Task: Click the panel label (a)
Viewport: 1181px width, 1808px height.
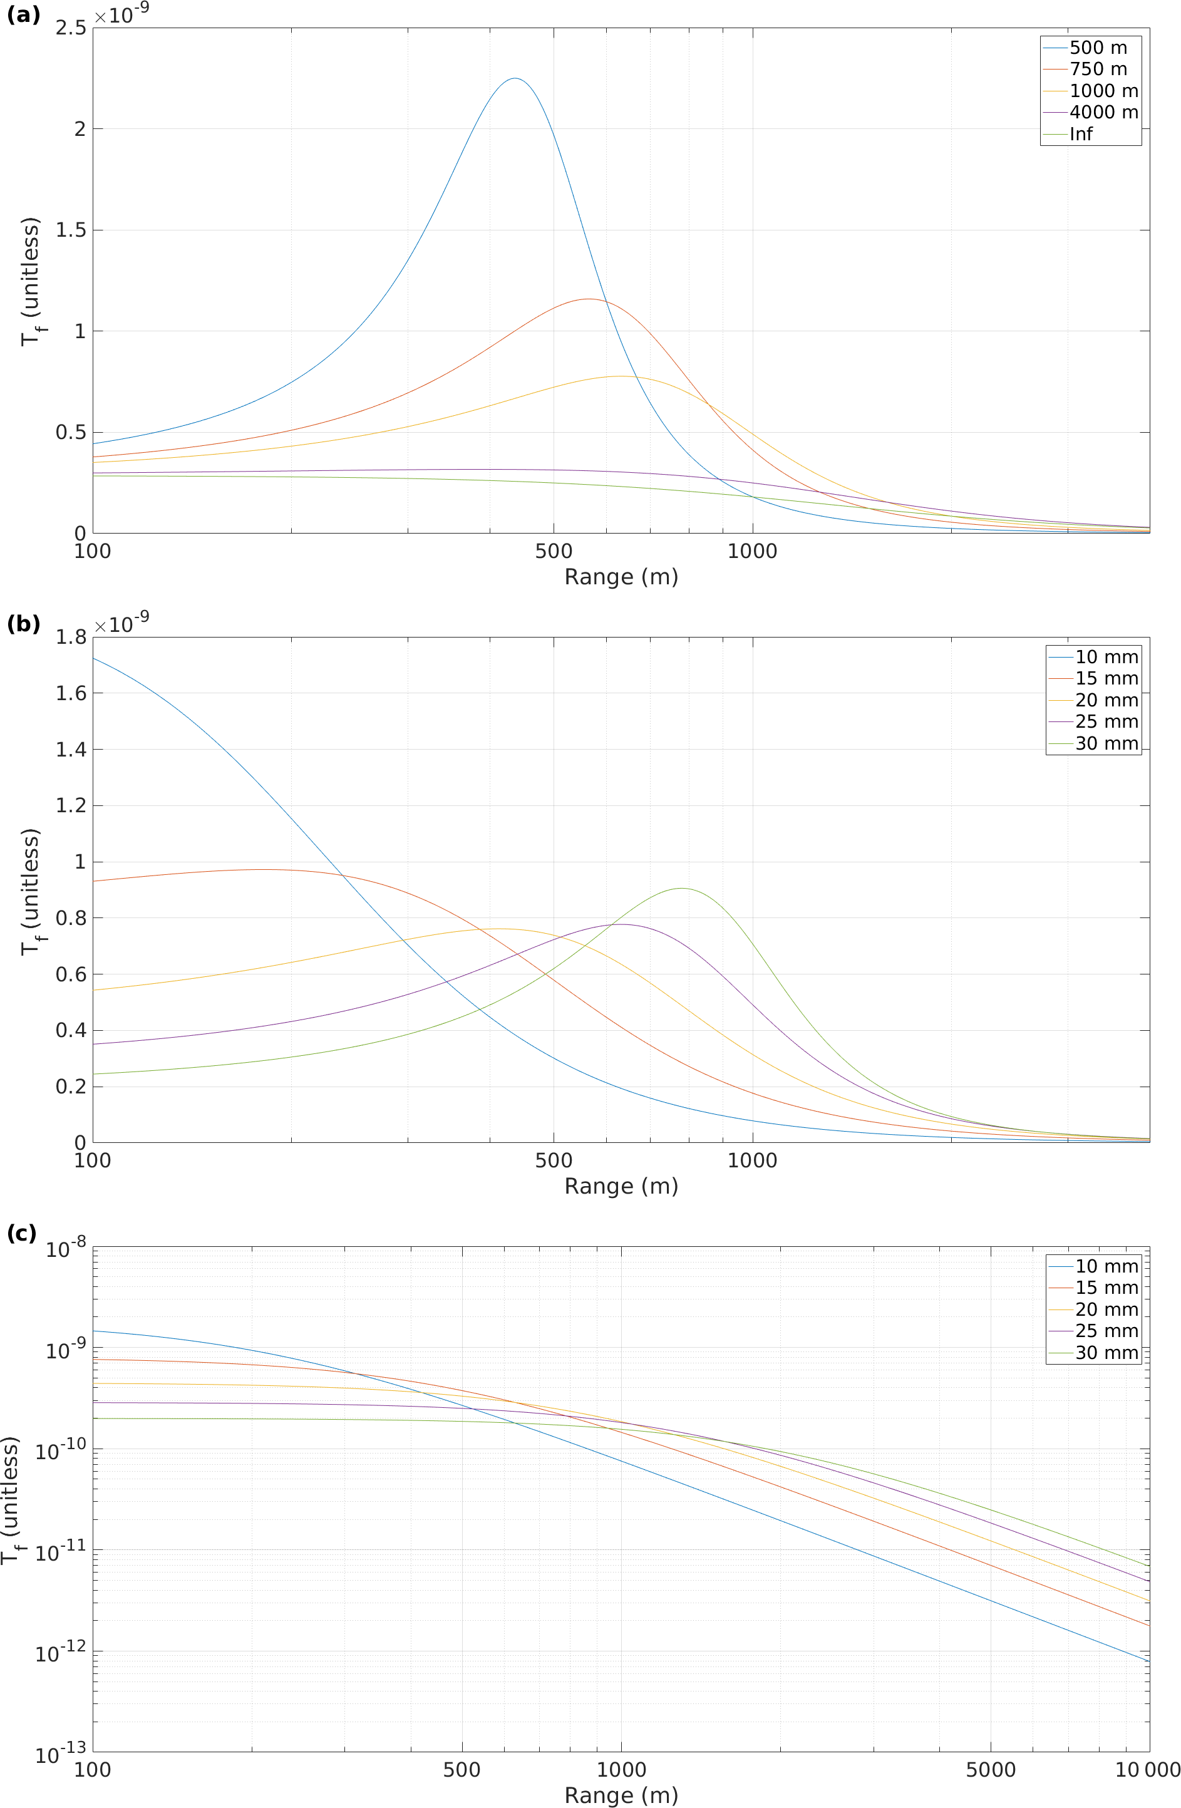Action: coord(23,14)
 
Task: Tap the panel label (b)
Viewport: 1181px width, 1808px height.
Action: coord(23,624)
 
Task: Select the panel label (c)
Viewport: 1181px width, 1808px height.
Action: coord(22,1233)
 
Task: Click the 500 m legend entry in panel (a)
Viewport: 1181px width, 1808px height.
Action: coord(1098,48)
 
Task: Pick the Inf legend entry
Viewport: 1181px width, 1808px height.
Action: coord(1081,135)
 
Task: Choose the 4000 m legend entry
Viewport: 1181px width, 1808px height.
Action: coord(1103,113)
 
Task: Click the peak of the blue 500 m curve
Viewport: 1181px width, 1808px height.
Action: coord(515,78)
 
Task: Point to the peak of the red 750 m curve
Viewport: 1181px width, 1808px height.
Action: coord(589,299)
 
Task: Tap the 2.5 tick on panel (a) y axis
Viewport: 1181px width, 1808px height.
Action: coord(71,28)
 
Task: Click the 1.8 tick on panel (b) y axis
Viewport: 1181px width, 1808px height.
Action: coord(71,638)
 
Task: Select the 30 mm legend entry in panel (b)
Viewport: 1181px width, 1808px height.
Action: coord(1106,744)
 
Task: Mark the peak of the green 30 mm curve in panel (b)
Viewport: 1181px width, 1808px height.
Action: coord(681,888)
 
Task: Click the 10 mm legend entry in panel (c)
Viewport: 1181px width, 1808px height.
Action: coord(1106,1266)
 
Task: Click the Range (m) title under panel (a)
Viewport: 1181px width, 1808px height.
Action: coord(621,577)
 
